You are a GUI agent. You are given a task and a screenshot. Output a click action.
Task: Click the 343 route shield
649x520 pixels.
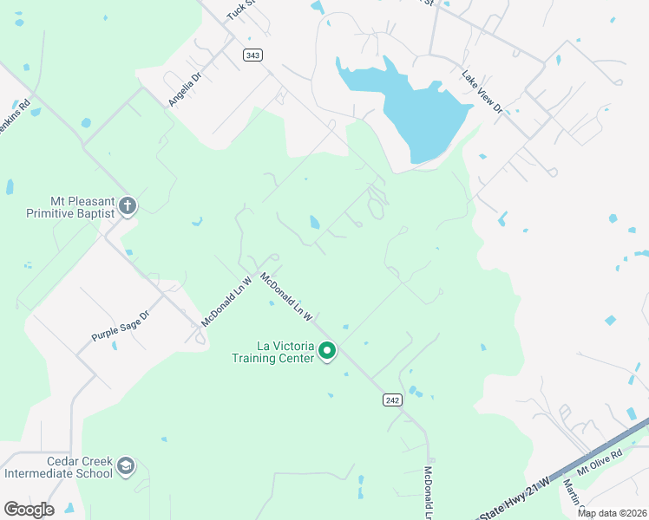(252, 55)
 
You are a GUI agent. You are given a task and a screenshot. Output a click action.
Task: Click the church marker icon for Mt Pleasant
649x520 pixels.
(128, 205)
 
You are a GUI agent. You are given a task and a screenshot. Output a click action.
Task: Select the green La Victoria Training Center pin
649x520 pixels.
(327, 351)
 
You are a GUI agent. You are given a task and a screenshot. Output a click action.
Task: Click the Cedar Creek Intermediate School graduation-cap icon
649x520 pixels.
(126, 467)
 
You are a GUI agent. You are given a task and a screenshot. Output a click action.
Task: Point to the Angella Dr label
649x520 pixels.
(185, 88)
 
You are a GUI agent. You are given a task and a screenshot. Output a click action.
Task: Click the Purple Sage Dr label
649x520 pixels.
(121, 326)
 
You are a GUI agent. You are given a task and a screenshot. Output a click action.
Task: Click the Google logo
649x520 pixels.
(29, 510)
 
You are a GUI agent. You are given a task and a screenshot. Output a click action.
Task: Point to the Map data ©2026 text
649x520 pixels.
(612, 513)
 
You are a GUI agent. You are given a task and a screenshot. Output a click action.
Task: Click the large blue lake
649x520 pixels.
(416, 108)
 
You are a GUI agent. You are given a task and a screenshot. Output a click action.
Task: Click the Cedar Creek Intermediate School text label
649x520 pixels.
(58, 467)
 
